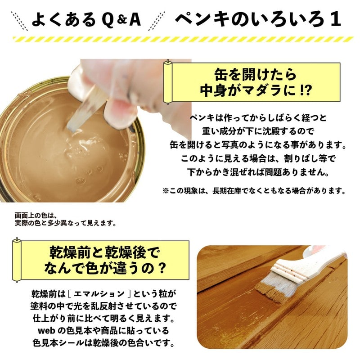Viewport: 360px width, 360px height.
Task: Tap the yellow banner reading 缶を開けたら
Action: [254, 72]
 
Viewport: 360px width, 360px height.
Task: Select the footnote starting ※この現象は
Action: [254, 191]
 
